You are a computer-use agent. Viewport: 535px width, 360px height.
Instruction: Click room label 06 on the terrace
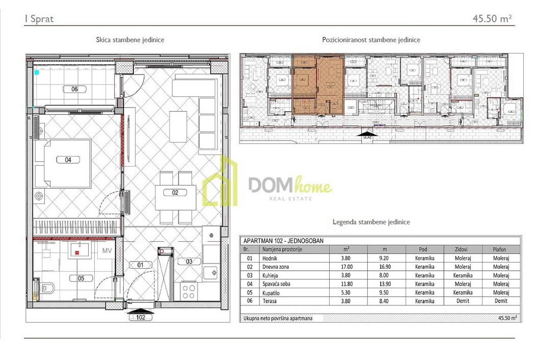coord(74,89)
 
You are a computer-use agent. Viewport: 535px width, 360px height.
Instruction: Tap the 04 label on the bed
coord(68,160)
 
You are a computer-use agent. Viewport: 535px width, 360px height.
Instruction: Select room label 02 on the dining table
coord(175,193)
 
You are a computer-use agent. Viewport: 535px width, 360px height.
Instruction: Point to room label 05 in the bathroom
coord(81,278)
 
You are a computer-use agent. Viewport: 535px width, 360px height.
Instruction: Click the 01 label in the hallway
coord(141,265)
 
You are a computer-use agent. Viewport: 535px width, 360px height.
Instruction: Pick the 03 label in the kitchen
coord(189,261)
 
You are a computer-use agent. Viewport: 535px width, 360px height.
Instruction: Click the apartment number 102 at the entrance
coord(141,317)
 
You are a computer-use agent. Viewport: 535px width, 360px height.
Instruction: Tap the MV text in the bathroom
coord(107,251)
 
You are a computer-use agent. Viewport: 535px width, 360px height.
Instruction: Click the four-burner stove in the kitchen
coord(189,292)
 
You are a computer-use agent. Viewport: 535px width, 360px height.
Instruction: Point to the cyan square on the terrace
coord(37,72)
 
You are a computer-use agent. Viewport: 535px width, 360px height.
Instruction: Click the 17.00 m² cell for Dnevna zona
coord(346,267)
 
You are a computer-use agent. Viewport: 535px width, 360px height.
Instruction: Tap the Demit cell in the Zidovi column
coord(463,301)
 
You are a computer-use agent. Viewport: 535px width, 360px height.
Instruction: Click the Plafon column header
coord(499,249)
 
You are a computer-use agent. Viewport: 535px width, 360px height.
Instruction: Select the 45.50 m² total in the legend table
coord(507,318)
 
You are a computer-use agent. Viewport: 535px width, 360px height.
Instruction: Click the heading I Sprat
coord(39,19)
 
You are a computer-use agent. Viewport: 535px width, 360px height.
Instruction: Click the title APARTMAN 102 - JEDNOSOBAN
coord(283,241)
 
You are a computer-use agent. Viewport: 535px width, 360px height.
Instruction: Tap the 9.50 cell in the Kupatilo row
coord(384,292)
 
